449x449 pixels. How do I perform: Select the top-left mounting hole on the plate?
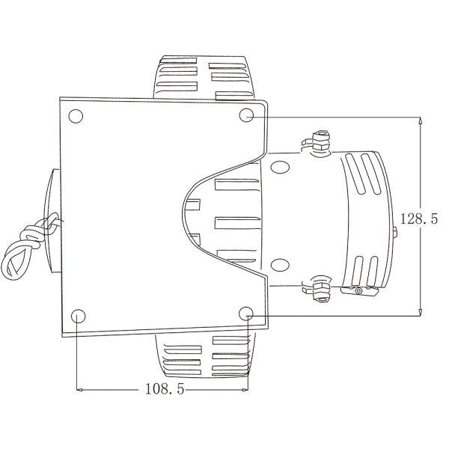(x=75, y=117)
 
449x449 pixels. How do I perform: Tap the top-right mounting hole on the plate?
(x=248, y=114)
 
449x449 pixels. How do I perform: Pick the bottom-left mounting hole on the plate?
(x=78, y=315)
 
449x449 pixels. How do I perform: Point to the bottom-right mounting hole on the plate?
(x=248, y=312)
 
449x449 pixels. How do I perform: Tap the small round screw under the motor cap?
(x=358, y=290)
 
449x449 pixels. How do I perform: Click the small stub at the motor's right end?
(x=395, y=233)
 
